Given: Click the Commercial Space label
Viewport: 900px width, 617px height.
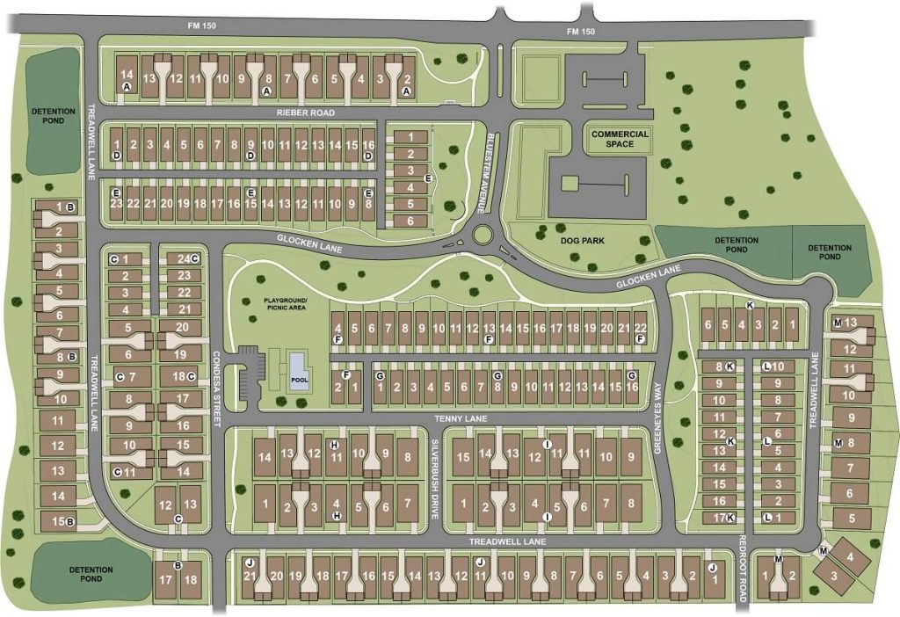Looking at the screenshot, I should pos(620,139).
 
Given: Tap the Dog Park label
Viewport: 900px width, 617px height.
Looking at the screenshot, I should pos(584,239).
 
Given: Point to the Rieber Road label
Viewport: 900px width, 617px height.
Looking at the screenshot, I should pos(305,113).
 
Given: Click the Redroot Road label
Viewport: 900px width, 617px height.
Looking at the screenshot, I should pos(743,570).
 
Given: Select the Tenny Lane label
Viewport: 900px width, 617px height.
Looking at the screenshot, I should pos(410,419).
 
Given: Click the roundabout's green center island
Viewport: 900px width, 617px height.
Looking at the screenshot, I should pos(482,235).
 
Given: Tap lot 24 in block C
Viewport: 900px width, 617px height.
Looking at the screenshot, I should pos(183,259).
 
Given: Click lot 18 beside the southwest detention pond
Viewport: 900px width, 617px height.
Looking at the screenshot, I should pos(191,580).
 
